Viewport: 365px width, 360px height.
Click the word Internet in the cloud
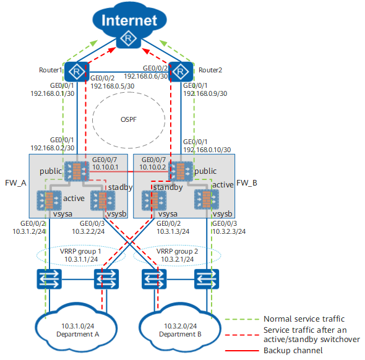pos(129,20)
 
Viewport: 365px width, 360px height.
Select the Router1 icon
pos(77,72)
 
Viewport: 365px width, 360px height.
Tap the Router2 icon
pos(181,72)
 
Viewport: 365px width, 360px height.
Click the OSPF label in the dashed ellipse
pos(129,119)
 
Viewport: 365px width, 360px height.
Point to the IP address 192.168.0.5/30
pos(113,86)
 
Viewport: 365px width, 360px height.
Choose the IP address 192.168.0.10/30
pos(207,150)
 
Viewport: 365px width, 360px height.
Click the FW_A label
pos(15,183)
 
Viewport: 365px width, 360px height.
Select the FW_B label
pos(247,183)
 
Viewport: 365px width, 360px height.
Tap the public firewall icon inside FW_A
pos(77,171)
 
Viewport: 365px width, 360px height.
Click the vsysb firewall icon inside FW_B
pos(207,199)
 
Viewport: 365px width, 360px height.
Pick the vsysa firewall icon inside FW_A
pos(49,200)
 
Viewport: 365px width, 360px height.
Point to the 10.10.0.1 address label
pos(105,167)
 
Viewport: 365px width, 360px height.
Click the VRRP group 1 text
pos(80,251)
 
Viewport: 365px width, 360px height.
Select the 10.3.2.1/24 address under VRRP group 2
pos(177,259)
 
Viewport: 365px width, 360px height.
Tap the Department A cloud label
pos(78,334)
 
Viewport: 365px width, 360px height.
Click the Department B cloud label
pos(180,334)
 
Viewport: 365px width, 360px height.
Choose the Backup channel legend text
pos(293,350)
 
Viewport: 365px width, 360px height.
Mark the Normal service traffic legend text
pos(304,319)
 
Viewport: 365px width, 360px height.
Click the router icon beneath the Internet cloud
pos(128,38)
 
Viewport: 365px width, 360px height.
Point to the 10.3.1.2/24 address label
pos(29,231)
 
